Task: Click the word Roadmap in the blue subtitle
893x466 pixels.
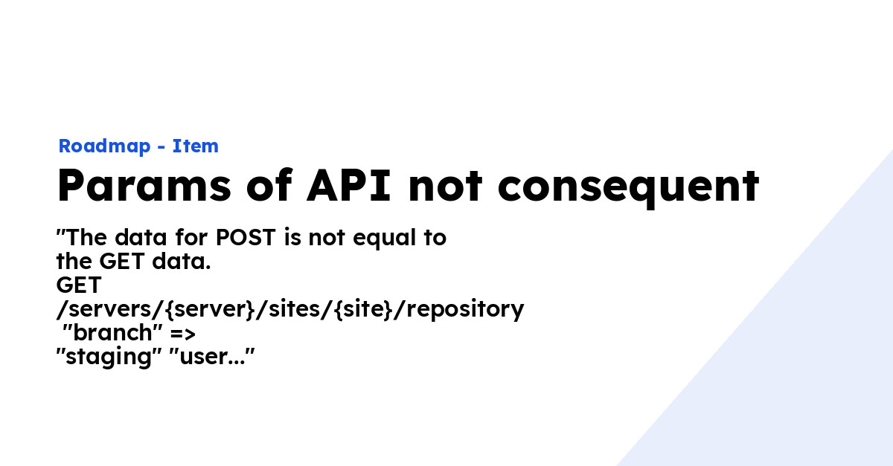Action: (104, 146)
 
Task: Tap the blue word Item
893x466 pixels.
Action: (195, 146)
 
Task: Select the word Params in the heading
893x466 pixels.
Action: (144, 186)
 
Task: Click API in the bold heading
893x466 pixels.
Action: (349, 185)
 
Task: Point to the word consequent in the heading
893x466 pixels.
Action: (628, 188)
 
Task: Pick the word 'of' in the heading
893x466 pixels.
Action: (270, 184)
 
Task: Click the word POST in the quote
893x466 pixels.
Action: (246, 237)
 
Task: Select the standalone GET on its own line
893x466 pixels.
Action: (79, 285)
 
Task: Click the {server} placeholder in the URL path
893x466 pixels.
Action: (209, 309)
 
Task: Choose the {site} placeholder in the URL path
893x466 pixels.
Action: (364, 309)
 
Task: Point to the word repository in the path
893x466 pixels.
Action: (465, 310)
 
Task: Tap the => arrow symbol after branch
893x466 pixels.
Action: (183, 334)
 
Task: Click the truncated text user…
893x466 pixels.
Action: (211, 357)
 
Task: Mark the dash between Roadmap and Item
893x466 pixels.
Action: (161, 148)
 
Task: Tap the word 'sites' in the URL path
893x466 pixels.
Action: (295, 309)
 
